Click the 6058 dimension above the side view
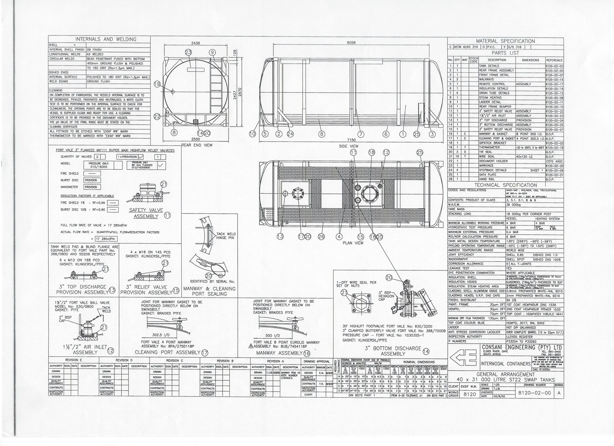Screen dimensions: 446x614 pos(351,43)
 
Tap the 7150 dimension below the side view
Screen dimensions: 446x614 pos(351,140)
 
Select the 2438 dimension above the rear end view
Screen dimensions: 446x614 pos(196,43)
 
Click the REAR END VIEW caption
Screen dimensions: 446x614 pos(197,145)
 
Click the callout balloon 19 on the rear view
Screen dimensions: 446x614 pos(157,84)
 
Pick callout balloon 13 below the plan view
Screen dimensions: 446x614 pos(280,237)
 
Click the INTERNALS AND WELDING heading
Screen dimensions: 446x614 pos(106,39)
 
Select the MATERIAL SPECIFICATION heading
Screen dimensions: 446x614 pos(505,41)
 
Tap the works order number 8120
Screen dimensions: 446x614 pos(470,394)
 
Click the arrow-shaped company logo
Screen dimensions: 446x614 pos(463,357)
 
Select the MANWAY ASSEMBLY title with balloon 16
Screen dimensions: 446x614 pos(279,353)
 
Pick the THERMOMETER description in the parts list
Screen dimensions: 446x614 pos(487,147)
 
